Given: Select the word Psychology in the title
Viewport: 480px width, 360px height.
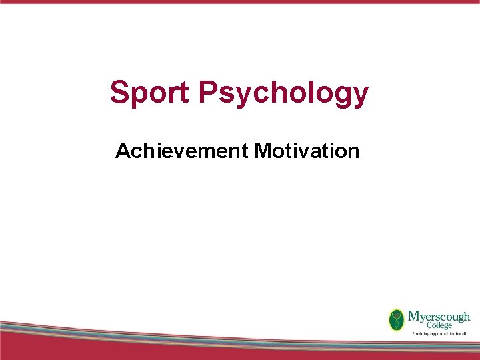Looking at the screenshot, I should tap(283, 93).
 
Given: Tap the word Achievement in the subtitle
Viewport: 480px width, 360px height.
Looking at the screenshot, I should tap(181, 151).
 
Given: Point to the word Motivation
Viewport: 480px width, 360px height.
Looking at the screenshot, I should tap(307, 151).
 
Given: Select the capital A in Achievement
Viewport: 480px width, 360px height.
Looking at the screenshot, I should tap(123, 151).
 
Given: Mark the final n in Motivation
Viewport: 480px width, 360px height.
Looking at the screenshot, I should tap(353, 153).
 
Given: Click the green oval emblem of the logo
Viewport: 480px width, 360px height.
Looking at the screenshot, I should tap(397, 319).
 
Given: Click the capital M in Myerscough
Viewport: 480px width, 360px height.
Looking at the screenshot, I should tap(413, 315).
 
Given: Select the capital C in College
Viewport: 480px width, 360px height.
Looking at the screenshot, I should tap(411, 325).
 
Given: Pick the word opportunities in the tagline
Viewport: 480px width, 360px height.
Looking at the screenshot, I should tap(443, 333).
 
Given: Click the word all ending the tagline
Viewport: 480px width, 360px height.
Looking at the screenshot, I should tap(467, 333).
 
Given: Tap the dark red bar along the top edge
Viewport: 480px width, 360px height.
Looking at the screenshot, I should tap(240, 2).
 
